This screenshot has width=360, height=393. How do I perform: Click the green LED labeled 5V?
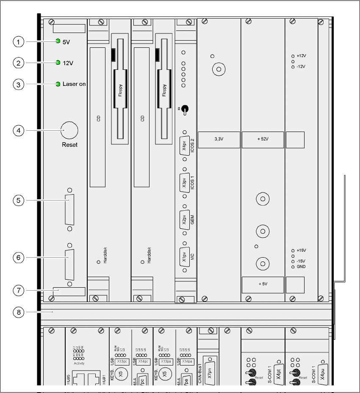point(58,41)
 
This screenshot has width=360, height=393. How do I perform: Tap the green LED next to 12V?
point(58,63)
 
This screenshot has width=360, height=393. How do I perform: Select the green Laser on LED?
point(58,84)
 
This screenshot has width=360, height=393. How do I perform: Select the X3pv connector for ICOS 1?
point(185,182)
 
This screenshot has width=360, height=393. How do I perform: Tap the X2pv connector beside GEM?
point(185,219)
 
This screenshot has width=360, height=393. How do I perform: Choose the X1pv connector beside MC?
point(185,256)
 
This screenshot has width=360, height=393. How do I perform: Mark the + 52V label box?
point(263,139)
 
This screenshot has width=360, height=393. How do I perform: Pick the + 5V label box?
point(263,285)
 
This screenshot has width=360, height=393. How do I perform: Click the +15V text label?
point(301,250)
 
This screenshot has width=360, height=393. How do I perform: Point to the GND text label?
point(301,267)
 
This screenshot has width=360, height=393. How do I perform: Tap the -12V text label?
point(301,67)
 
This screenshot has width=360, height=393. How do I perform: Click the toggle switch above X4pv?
point(185,110)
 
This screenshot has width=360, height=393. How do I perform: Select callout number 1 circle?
point(18,41)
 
